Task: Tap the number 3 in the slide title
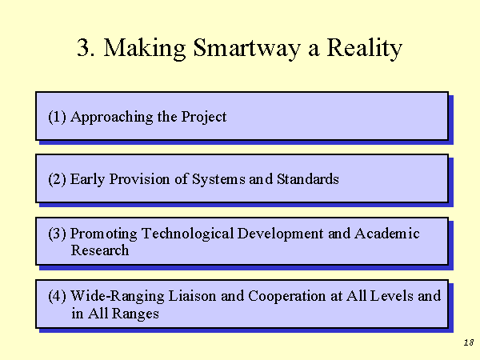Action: click(83, 47)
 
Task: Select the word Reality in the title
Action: click(364, 48)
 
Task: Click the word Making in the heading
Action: click(145, 48)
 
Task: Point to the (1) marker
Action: click(58, 117)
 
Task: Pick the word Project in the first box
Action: click(204, 118)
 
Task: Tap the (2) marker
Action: click(58, 179)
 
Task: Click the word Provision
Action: click(139, 179)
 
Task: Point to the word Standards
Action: click(308, 179)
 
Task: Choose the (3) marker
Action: click(58, 234)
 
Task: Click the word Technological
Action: click(188, 234)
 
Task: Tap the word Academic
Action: click(387, 234)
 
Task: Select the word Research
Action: click(100, 250)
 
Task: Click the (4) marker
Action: click(58, 296)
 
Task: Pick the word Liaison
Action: click(192, 296)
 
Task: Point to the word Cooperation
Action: click(287, 297)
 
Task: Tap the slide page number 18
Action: click(469, 342)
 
